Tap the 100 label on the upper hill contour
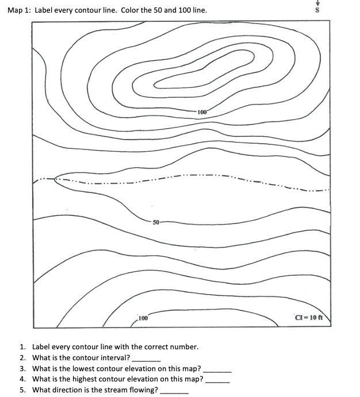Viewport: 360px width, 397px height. coord(202,111)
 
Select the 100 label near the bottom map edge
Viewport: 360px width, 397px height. coord(143,318)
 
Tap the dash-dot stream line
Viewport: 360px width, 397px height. coord(190,175)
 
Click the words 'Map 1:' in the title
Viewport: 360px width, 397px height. coord(19,10)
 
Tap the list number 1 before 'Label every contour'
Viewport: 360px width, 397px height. coord(22,347)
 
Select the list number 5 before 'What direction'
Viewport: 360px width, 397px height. coord(22,390)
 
